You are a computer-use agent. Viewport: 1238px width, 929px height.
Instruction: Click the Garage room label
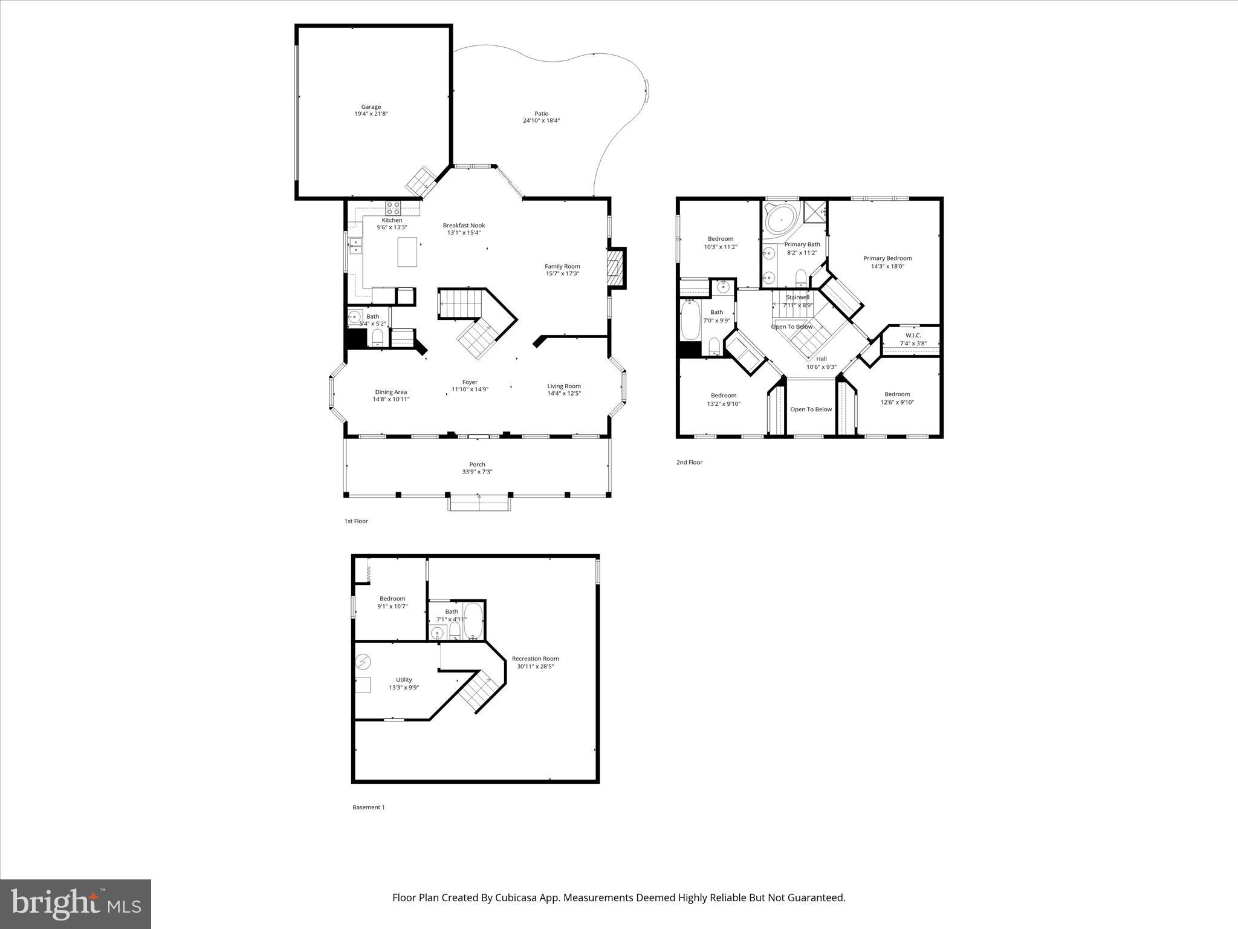371,107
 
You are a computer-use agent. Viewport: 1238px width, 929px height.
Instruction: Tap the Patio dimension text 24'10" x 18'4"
541,121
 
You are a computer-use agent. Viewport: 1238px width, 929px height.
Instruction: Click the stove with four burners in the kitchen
393,207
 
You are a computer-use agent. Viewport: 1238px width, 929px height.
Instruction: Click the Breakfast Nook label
464,226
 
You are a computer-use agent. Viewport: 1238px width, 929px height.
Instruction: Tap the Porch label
477,464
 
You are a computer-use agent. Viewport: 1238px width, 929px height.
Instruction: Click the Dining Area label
391,392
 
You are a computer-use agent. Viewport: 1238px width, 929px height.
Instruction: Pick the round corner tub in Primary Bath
782,218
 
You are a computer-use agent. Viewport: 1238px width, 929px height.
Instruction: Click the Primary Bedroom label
887,258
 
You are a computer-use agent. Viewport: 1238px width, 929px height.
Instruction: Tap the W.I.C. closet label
913,336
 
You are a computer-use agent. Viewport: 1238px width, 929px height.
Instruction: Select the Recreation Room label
535,659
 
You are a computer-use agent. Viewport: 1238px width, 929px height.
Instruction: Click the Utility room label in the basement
404,680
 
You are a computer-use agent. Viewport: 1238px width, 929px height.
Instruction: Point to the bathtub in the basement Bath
473,621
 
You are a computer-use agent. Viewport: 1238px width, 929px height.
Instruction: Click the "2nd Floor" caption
689,463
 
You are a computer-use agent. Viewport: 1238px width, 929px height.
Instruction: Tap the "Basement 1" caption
368,807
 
